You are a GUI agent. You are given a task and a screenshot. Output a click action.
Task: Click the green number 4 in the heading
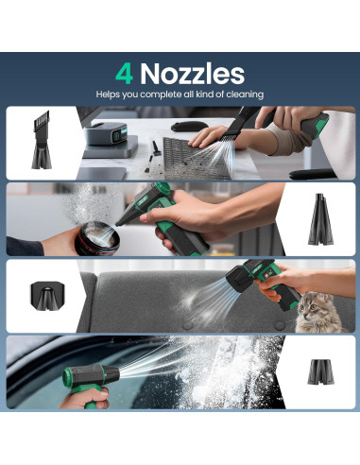point(124,74)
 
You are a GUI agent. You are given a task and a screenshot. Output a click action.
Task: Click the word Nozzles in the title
point(192,74)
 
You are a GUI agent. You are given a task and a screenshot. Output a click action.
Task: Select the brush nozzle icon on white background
point(42,140)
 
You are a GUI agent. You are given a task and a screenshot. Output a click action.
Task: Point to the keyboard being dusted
point(196,158)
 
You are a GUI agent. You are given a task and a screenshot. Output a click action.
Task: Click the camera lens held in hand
point(97,238)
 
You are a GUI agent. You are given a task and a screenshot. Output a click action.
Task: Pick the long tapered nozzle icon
point(320,219)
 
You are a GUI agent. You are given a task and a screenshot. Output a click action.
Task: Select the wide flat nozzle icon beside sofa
point(47,296)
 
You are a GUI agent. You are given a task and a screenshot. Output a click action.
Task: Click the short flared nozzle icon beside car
point(321,371)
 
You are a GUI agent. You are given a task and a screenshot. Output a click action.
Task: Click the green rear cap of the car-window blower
point(66,378)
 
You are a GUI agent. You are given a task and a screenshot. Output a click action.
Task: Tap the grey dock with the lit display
point(108,134)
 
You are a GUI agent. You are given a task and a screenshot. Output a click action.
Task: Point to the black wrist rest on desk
point(312,174)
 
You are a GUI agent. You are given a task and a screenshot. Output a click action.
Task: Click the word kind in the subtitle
point(205,94)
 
